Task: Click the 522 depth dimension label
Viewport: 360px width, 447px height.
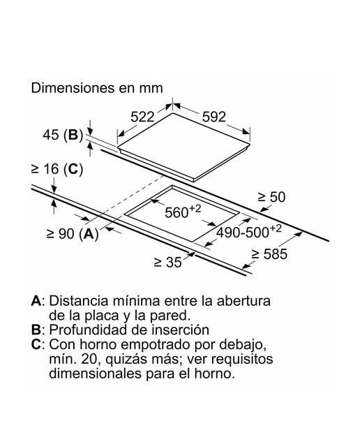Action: pyautogui.click(x=142, y=117)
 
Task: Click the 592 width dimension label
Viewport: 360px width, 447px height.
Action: pyautogui.click(x=214, y=117)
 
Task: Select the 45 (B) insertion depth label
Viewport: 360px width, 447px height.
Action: pyautogui.click(x=63, y=135)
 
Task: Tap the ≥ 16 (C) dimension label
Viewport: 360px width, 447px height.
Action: pyautogui.click(x=57, y=169)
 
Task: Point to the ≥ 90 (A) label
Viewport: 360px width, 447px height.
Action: pyautogui.click(x=73, y=234)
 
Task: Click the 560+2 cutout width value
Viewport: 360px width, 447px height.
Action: pyautogui.click(x=183, y=211)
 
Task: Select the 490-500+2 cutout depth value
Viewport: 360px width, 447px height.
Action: pyautogui.click(x=249, y=231)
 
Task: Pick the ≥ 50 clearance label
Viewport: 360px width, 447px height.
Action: pyautogui.click(x=271, y=197)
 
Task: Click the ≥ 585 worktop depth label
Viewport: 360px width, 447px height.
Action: pyautogui.click(x=269, y=254)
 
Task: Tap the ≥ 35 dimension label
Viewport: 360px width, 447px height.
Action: pyautogui.click(x=167, y=262)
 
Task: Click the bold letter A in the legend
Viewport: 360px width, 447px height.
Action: pyautogui.click(x=36, y=301)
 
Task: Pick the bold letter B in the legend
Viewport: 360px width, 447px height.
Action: pyautogui.click(x=36, y=330)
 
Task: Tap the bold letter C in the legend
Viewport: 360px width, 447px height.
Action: pyautogui.click(x=36, y=344)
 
